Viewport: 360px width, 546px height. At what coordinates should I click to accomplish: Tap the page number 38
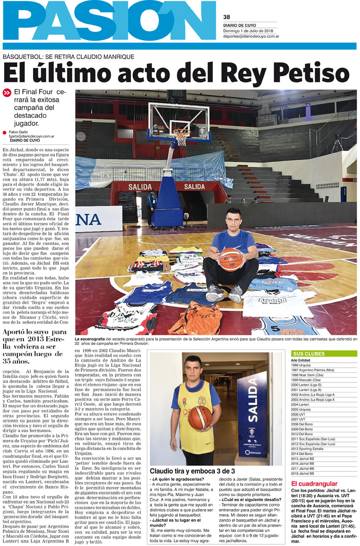(x=226, y=16)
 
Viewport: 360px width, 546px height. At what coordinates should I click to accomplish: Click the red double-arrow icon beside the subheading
(x=7, y=93)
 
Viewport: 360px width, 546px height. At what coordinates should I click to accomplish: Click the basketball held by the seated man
(x=231, y=259)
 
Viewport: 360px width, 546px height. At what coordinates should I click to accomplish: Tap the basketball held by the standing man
(x=199, y=403)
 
